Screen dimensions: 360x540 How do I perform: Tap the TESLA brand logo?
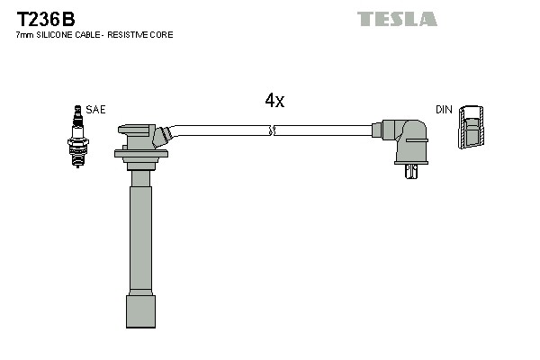(x=397, y=19)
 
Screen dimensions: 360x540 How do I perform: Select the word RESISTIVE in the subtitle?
(x=132, y=35)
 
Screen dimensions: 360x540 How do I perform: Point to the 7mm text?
(x=24, y=35)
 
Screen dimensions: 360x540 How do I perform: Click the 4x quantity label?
(x=274, y=102)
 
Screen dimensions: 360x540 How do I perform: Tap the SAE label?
(x=96, y=110)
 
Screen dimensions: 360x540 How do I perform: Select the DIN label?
(x=444, y=110)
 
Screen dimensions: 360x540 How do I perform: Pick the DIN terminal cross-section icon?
(x=470, y=128)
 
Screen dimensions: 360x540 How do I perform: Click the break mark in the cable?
(x=272, y=130)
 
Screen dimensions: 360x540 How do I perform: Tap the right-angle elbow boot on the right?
(x=407, y=139)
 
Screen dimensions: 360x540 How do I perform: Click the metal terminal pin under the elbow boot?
(x=412, y=171)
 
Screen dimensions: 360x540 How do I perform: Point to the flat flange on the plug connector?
(x=141, y=154)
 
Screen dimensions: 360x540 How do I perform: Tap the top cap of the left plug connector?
(x=137, y=130)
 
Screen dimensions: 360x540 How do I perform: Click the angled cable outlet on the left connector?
(x=162, y=136)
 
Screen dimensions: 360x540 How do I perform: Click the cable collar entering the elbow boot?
(x=377, y=130)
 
